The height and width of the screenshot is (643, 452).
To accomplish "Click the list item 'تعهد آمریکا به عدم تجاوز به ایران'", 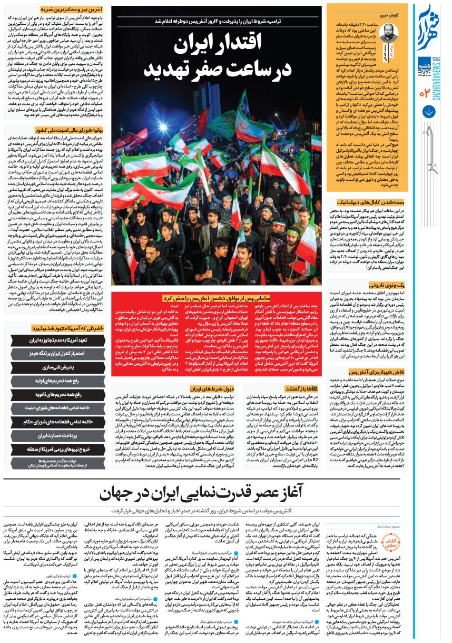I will coord(58,340).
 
